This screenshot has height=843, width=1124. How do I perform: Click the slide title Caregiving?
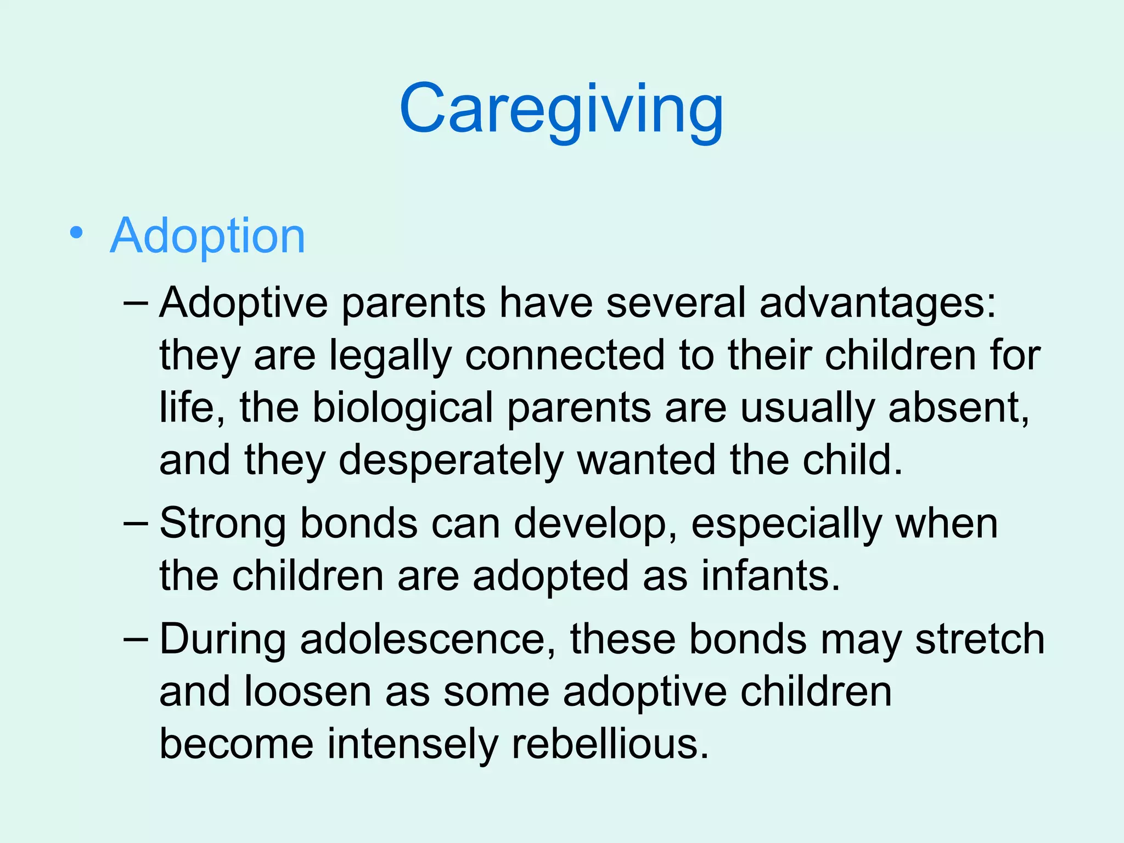(x=561, y=109)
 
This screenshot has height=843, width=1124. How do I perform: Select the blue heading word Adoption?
(x=207, y=236)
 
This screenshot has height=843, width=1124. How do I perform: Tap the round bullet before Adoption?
(x=77, y=234)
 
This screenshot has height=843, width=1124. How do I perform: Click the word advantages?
(x=877, y=304)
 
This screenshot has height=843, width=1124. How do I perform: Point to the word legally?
(x=390, y=357)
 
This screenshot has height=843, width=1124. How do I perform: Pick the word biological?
(x=403, y=408)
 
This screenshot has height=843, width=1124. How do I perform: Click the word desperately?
(x=451, y=461)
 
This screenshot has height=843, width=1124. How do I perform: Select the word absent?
(x=958, y=408)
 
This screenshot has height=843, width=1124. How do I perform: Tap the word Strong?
(x=223, y=524)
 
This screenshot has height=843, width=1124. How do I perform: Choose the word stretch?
(x=980, y=640)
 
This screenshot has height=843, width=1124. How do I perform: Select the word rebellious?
(x=610, y=745)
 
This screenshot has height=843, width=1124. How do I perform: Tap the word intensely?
(x=413, y=745)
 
